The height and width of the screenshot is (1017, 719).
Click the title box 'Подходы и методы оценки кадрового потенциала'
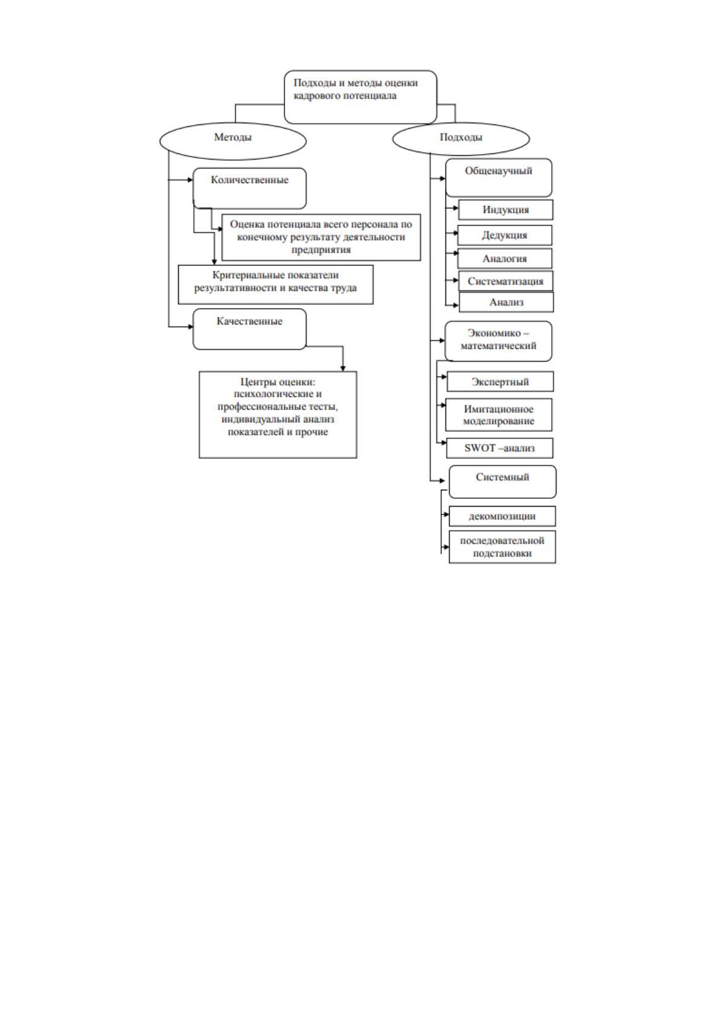click(360, 97)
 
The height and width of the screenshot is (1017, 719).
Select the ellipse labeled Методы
click(233, 141)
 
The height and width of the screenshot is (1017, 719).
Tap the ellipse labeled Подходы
click(461, 138)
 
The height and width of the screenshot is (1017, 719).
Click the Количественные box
click(250, 188)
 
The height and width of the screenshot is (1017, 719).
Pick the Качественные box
click(250, 329)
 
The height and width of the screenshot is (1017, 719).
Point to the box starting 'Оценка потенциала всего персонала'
click(321, 237)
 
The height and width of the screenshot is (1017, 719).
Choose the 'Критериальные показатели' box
click(275, 284)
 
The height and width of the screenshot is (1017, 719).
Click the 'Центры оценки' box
click(278, 414)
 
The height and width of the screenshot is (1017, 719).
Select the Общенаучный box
click(499, 178)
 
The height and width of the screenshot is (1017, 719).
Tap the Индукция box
click(506, 210)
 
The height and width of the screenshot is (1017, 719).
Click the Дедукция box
click(505, 235)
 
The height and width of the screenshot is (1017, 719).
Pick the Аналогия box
click(505, 258)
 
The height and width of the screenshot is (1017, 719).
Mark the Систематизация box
click(506, 281)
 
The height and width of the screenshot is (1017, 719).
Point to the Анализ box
click(506, 302)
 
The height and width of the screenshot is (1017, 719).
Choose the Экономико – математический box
click(499, 341)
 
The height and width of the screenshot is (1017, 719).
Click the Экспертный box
click(500, 382)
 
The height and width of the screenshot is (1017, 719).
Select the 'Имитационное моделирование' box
click(499, 414)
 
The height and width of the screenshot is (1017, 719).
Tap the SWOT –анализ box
click(499, 448)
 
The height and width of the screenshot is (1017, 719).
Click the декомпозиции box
click(502, 516)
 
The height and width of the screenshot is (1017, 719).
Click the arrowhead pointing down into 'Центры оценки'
click(343, 368)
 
